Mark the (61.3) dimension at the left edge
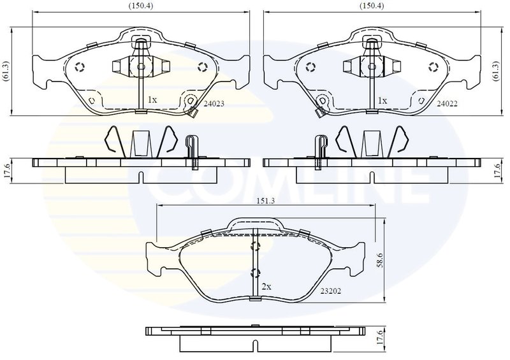5,71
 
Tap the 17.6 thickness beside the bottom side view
380,337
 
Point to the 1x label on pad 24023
152,100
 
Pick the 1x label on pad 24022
382,100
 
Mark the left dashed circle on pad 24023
80,68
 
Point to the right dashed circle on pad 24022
432,68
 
